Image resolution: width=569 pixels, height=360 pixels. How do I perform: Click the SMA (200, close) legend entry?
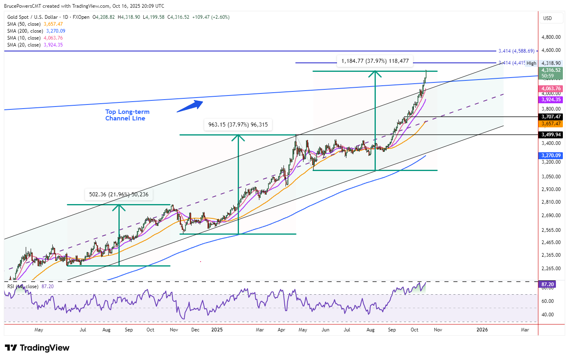click(x=36, y=31)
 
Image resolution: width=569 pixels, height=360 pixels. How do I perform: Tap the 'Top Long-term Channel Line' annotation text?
click(x=127, y=115)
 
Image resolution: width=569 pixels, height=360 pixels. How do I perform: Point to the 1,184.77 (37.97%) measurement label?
click(x=375, y=61)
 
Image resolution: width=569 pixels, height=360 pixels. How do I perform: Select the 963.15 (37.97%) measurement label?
click(x=238, y=124)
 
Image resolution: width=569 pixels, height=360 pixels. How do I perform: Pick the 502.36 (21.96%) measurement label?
click(x=118, y=194)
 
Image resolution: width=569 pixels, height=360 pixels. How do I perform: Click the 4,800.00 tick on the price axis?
click(x=551, y=37)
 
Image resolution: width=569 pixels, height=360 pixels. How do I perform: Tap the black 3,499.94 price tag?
click(x=551, y=135)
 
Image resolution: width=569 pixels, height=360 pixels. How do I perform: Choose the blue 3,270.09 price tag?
click(x=551, y=156)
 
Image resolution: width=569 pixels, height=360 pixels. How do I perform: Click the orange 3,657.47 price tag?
click(x=551, y=124)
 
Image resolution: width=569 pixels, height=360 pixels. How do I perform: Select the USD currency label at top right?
click(x=547, y=18)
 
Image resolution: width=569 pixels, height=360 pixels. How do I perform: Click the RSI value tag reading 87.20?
click(x=547, y=284)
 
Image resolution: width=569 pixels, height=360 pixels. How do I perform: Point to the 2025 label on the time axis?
click(x=217, y=330)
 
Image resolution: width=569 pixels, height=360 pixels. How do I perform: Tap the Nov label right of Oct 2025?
click(x=437, y=330)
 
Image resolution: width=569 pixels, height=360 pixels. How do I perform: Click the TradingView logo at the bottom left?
click(x=37, y=348)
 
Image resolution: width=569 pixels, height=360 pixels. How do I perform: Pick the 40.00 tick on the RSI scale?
click(x=547, y=315)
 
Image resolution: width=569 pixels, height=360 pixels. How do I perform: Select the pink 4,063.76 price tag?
click(x=551, y=89)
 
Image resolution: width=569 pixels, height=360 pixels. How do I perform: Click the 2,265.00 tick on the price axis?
click(x=551, y=269)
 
